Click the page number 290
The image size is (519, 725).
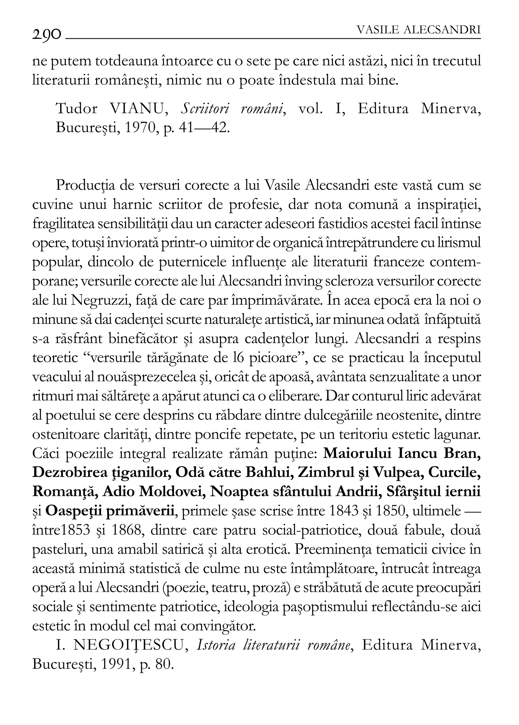[x=47, y=33]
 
